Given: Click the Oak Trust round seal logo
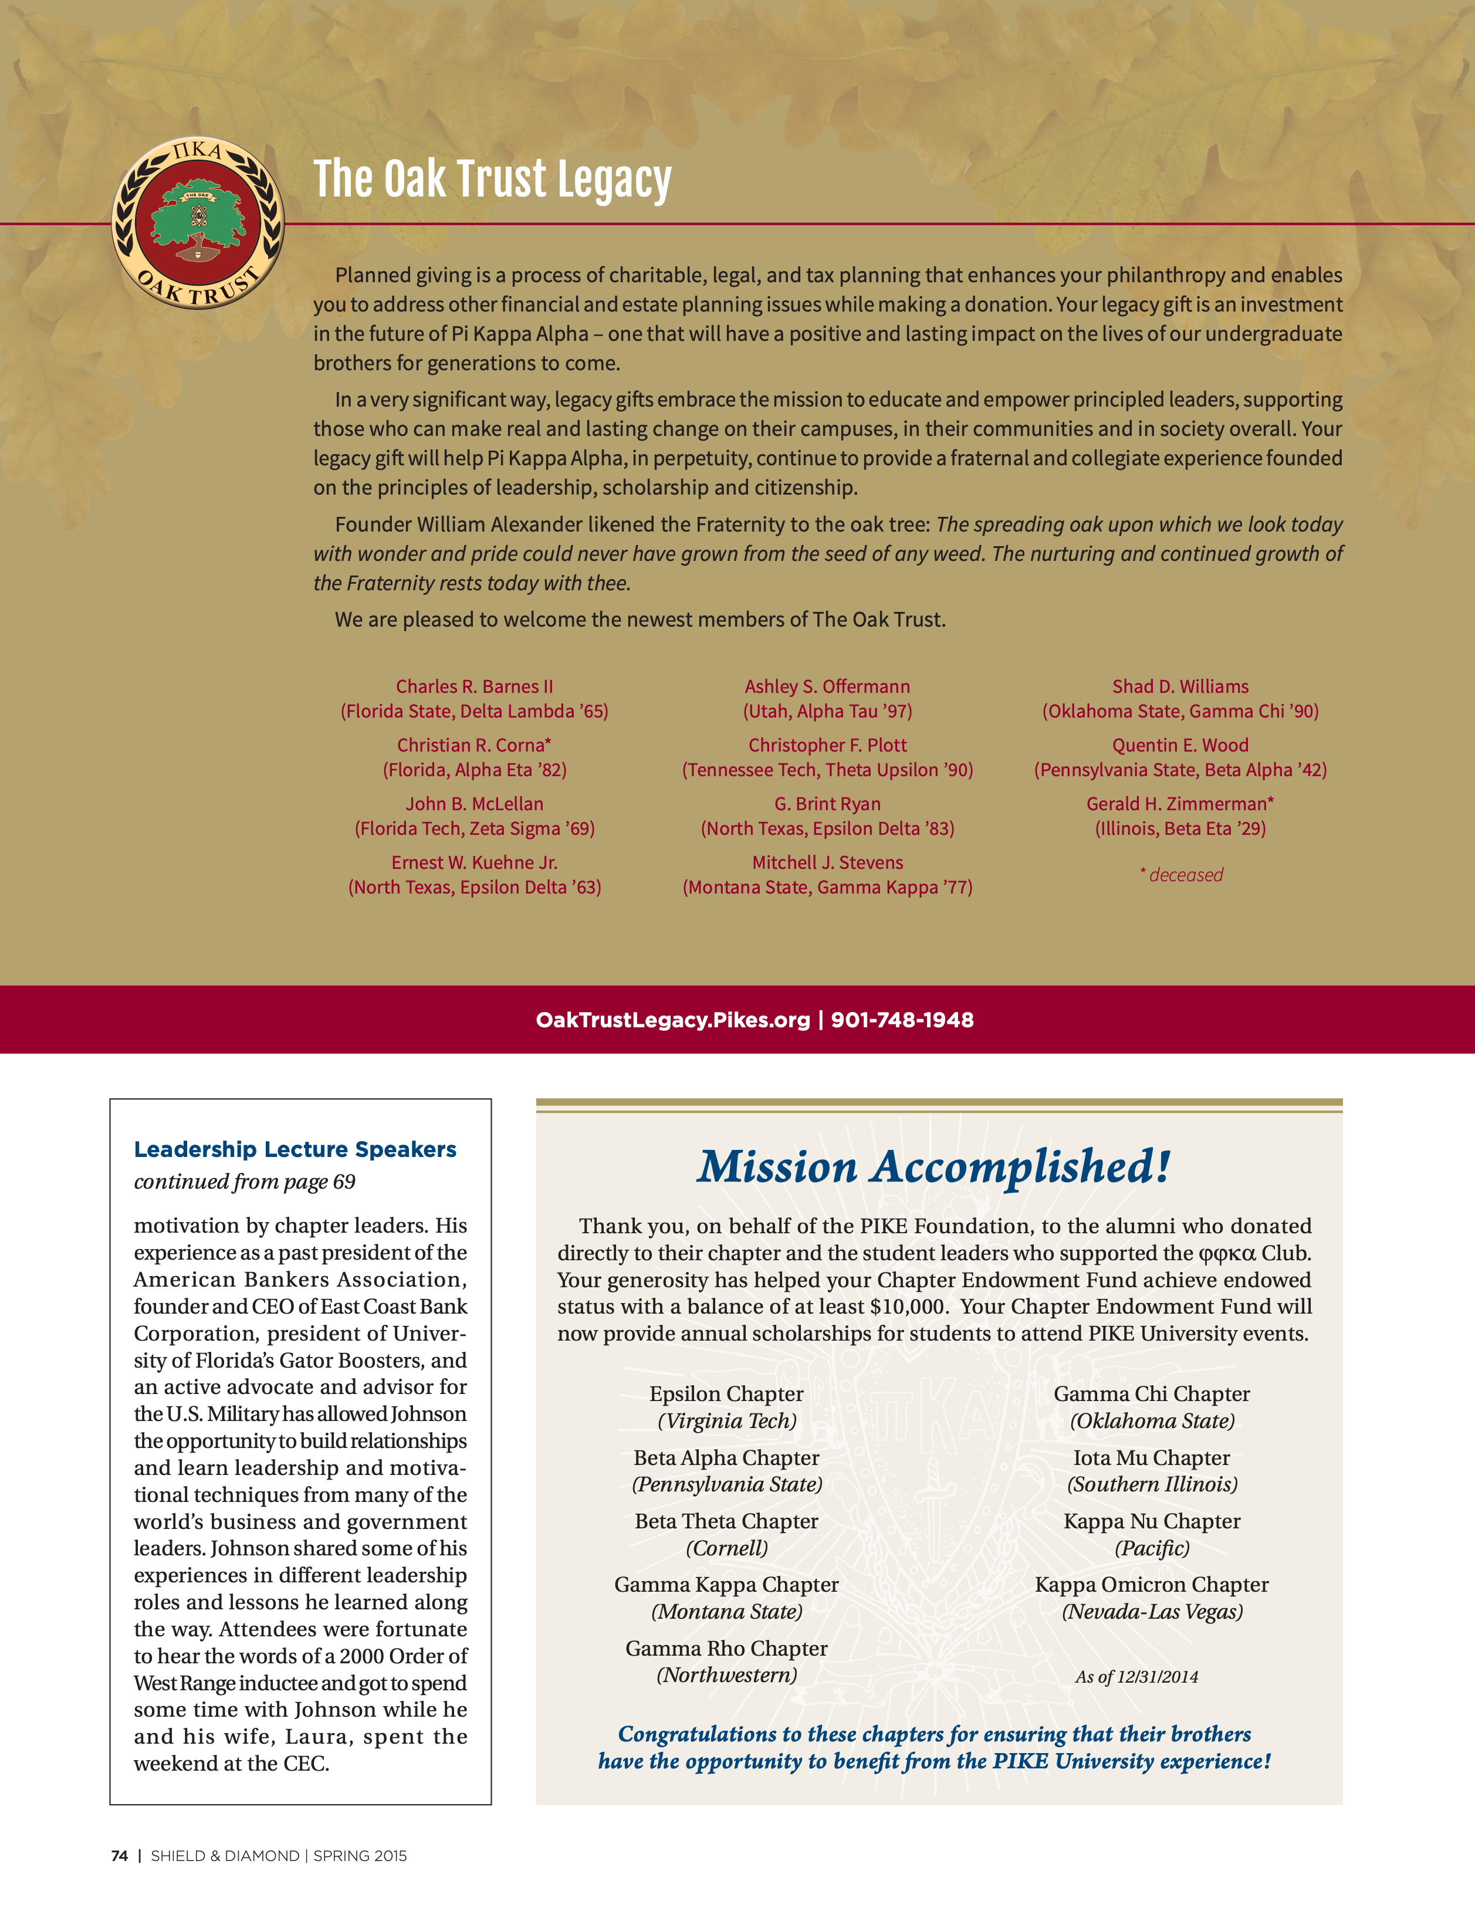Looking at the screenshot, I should pyautogui.click(x=199, y=223).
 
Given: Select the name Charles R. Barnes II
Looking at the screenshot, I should pyautogui.click(x=475, y=686).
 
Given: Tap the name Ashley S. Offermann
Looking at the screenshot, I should pyautogui.click(x=827, y=686).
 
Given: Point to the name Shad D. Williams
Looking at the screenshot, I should pyautogui.click(x=1180, y=686).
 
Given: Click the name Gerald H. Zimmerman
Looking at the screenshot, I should pyautogui.click(x=1179, y=804).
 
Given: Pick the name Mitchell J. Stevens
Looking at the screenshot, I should pyautogui.click(x=827, y=863).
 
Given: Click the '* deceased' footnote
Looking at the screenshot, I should pyautogui.click(x=1181, y=875).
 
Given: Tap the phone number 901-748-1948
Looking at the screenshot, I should pyautogui.click(x=902, y=1020).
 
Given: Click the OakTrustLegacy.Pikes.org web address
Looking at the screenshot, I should pyautogui.click(x=672, y=1020).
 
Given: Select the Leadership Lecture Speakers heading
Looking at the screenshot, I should pyautogui.click(x=295, y=1149).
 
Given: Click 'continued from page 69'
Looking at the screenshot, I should pyautogui.click(x=245, y=1182).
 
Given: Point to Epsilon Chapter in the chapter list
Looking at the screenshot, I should pyautogui.click(x=726, y=1394).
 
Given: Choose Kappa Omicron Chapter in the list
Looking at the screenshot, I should pyautogui.click(x=1151, y=1585).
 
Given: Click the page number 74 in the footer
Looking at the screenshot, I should pyautogui.click(x=119, y=1856).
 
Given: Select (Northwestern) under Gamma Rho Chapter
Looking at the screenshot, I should pyautogui.click(x=726, y=1676).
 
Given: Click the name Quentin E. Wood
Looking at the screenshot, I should pyautogui.click(x=1180, y=745).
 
